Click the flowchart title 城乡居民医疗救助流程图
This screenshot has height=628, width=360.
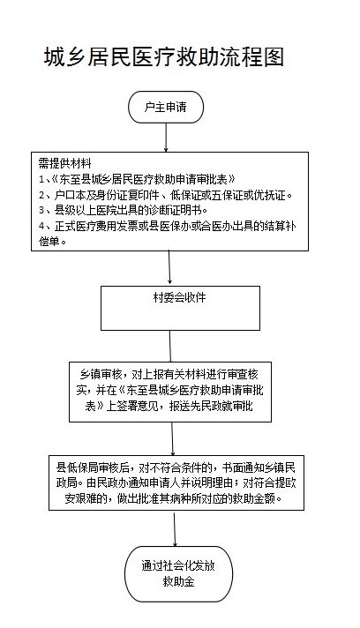[164, 56]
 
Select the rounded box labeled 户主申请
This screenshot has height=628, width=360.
[166, 107]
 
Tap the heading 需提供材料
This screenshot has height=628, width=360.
[65, 163]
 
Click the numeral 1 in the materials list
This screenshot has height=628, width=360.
[41, 179]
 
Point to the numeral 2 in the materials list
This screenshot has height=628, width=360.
[41, 195]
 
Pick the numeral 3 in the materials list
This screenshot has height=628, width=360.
[41, 210]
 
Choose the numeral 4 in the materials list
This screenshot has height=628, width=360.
[41, 227]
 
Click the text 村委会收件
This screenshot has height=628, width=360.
[179, 297]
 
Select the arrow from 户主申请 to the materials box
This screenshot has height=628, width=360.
[166, 138]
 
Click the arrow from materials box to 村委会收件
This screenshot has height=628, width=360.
[169, 268]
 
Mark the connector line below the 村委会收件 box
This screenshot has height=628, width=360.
[170, 346]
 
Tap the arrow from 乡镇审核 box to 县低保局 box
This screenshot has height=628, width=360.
[172, 438]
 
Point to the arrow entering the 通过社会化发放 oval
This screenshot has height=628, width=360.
[175, 528]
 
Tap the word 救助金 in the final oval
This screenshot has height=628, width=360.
[178, 581]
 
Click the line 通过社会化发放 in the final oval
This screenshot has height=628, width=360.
[178, 565]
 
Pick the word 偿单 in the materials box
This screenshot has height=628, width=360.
[49, 242]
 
